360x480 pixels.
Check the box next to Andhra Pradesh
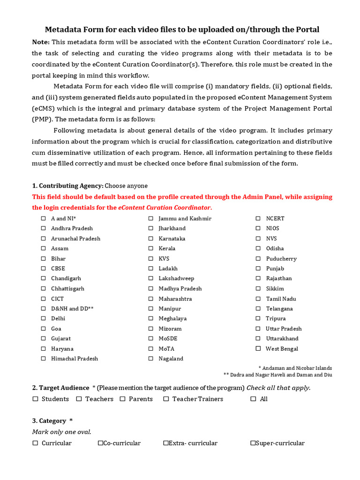pos(43,228)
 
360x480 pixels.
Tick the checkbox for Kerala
pos(151,248)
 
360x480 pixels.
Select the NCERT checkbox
pos(258,218)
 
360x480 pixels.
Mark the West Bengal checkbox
pos(258,348)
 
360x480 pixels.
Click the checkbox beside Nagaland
pos(151,359)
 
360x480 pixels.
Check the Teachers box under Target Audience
pos(79,399)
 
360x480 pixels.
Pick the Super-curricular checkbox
pos(253,443)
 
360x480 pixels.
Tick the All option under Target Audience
pos(253,399)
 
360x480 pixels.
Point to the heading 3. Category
pos(52,421)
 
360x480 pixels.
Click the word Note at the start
pos(40,42)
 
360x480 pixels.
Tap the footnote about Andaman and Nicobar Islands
pos(295,368)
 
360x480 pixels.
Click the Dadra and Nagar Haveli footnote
pos(277,375)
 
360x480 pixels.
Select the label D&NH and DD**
pos(72,308)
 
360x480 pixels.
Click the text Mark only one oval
pos(61,432)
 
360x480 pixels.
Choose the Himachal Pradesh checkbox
pos(43,359)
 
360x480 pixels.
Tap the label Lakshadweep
pos(176,278)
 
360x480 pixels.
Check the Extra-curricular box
pos(166,443)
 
